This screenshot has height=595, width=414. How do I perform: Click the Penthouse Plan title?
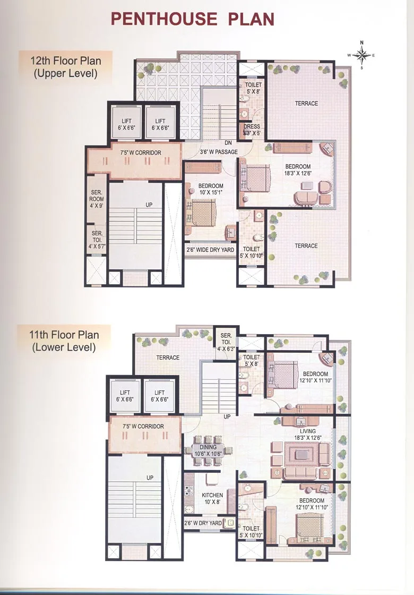pyautogui.click(x=193, y=19)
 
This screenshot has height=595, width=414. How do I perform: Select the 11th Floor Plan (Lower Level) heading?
pyautogui.click(x=64, y=342)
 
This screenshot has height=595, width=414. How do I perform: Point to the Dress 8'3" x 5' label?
pyautogui.click(x=252, y=130)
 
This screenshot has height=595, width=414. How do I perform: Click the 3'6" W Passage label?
pyautogui.click(x=218, y=152)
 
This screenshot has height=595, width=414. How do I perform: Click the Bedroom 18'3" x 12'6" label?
pyautogui.click(x=298, y=170)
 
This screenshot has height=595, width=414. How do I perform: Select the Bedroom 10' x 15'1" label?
pyautogui.click(x=210, y=189)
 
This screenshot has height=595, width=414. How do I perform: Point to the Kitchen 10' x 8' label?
pyautogui.click(x=212, y=499)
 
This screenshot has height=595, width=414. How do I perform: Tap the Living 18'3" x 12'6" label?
pyautogui.click(x=307, y=435)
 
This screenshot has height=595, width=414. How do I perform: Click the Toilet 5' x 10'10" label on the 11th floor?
pyautogui.click(x=251, y=532)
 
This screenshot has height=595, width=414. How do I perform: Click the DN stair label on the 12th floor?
pyautogui.click(x=228, y=143)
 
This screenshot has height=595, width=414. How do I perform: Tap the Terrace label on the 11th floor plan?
pyautogui.click(x=168, y=358)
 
